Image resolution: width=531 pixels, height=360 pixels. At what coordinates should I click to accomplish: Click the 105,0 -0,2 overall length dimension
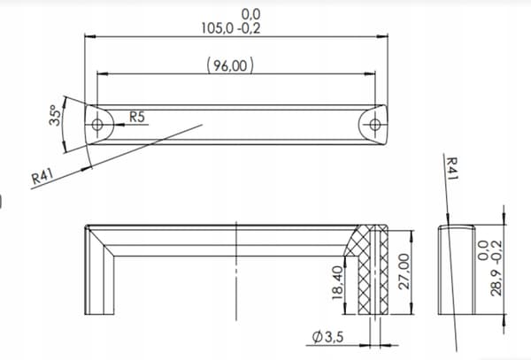(231, 28)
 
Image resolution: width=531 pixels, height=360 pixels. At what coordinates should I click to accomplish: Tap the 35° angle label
(56, 115)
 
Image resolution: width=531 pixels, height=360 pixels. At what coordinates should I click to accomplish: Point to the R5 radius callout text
(137, 117)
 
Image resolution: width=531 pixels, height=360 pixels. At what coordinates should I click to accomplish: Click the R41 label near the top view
(42, 176)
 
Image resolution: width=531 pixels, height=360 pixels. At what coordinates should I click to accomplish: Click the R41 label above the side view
(452, 168)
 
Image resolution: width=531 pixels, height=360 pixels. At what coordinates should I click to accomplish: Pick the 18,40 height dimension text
(338, 282)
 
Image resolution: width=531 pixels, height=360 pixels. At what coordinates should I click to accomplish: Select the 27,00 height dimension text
(404, 272)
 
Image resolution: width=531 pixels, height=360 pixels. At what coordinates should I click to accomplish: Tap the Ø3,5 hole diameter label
(327, 337)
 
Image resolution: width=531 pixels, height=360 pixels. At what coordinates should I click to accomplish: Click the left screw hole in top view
(97, 125)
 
